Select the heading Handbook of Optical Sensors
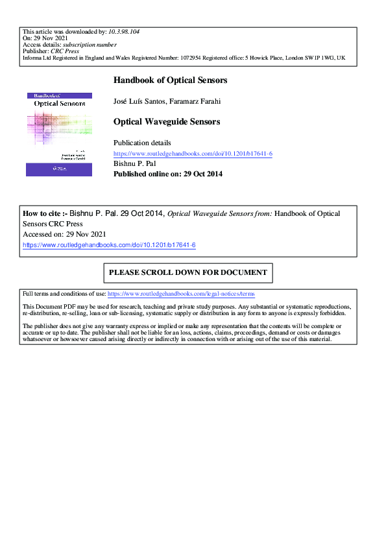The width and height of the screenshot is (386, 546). point(170,80)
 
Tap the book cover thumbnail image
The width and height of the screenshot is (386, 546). point(58,134)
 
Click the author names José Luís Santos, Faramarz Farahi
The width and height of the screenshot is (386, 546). point(165,101)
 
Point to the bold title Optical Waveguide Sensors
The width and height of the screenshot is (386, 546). point(167,121)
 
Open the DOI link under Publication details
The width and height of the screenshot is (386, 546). point(193,154)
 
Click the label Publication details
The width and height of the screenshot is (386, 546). point(142,143)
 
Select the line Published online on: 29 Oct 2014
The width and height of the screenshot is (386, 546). point(168,174)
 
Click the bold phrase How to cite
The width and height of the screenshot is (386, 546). point(43,213)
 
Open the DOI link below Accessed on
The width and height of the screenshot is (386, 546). point(109,245)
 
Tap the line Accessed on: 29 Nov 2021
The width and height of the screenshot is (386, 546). point(64,234)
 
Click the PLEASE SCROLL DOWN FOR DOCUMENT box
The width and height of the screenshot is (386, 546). point(188,272)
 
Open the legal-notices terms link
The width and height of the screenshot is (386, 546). point(181,294)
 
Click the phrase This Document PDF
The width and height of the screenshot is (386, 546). point(47,306)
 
